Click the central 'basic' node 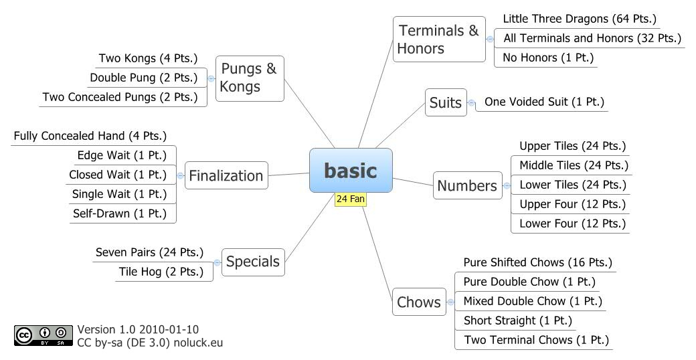[x=351, y=170]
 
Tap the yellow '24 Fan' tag [x=350, y=199]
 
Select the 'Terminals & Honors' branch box [x=439, y=39]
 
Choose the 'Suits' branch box [x=446, y=102]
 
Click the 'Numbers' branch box [x=467, y=185]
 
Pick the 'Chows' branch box [x=419, y=302]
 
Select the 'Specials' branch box [x=253, y=262]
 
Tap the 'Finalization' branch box [x=226, y=175]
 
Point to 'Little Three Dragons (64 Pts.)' [x=580, y=19]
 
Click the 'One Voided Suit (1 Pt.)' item [x=544, y=102]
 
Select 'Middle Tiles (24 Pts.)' [x=574, y=165]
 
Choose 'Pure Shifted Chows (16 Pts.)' [x=537, y=262]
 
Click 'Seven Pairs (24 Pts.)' [x=149, y=252]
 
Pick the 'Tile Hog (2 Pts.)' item [x=161, y=272]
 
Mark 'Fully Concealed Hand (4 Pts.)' [x=90, y=136]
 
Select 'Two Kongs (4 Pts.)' [x=148, y=58]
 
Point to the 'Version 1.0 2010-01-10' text [x=138, y=329]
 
